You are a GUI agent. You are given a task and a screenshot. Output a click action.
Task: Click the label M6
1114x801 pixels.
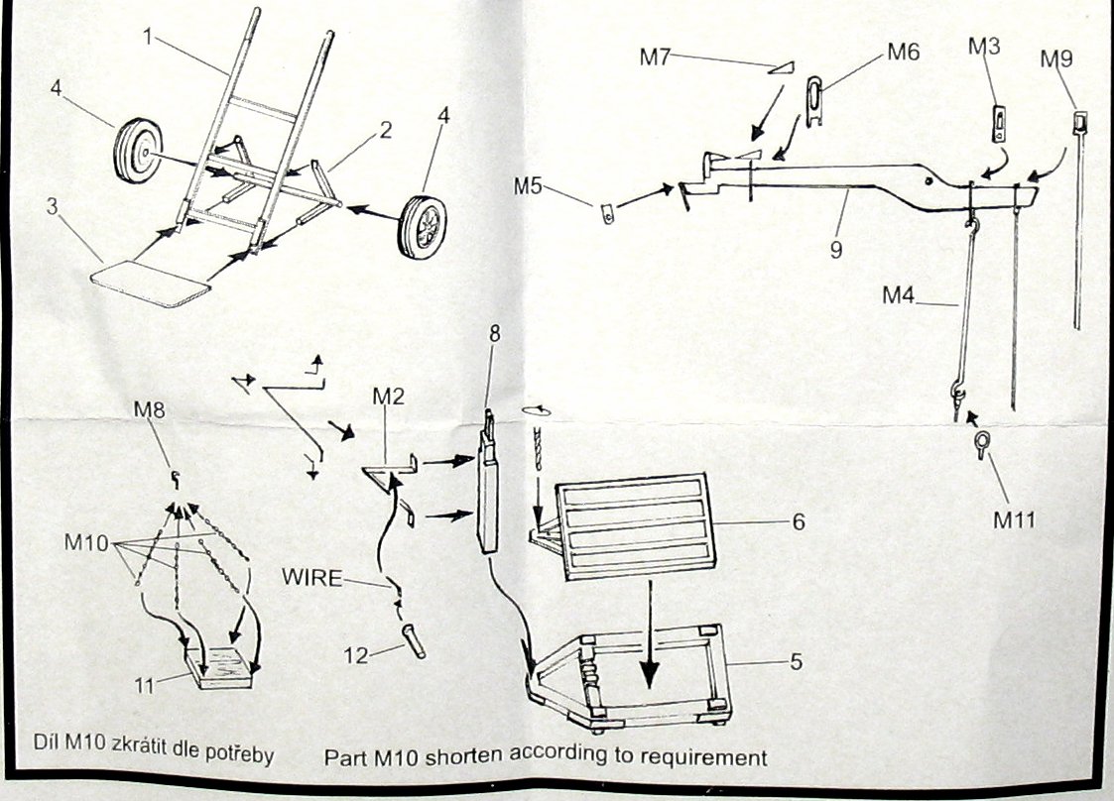click(902, 52)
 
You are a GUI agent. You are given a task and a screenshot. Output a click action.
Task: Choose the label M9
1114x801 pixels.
click(1056, 58)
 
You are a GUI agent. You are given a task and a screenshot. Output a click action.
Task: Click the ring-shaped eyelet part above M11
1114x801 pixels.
click(981, 443)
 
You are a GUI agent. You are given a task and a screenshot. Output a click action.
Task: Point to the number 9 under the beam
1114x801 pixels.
click(835, 250)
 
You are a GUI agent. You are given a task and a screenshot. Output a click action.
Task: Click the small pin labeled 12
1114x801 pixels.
click(414, 639)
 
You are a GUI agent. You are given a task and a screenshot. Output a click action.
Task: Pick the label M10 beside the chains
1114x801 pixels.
click(86, 542)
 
